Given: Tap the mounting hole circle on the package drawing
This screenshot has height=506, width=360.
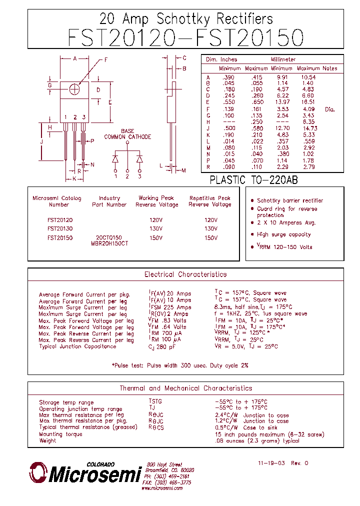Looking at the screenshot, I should (x=75, y=89).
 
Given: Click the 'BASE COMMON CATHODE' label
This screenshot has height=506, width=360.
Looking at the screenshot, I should (x=127, y=134).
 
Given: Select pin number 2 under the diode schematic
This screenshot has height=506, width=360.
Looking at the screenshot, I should (x=127, y=176).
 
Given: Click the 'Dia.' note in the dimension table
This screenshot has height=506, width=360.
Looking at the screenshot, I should (x=330, y=109).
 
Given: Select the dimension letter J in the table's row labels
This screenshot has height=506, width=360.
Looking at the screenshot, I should (x=208, y=128).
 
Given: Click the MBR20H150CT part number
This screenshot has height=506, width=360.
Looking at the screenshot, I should (x=109, y=243).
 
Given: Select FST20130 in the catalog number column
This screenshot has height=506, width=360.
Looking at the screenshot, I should (x=60, y=229).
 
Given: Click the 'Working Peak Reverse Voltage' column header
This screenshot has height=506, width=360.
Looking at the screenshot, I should (x=157, y=201).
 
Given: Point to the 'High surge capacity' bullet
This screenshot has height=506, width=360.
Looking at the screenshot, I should (x=283, y=234).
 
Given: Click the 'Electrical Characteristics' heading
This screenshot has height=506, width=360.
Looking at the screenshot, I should (x=185, y=274).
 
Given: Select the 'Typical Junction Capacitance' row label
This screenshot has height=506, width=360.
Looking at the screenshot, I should (x=77, y=346).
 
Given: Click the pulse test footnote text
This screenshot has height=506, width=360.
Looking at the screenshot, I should (x=180, y=365).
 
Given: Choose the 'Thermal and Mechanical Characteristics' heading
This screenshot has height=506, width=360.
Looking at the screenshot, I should (x=185, y=388).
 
